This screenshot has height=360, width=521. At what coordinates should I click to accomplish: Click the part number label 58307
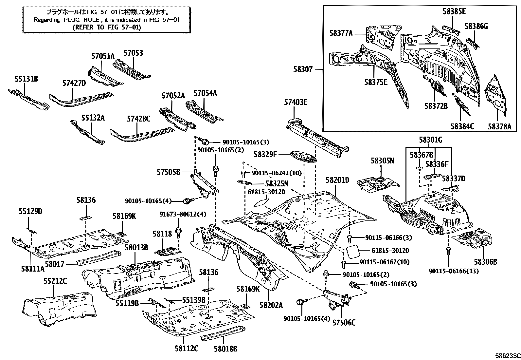click(303, 69)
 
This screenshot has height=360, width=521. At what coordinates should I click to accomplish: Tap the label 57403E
click(296, 103)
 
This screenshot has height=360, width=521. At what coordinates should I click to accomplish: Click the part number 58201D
click(337, 180)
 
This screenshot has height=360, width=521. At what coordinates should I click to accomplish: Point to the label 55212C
click(55, 281)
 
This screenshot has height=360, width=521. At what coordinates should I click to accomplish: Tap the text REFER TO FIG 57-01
click(107, 28)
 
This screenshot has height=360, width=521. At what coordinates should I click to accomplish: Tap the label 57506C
click(344, 323)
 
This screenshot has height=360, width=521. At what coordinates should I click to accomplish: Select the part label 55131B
click(26, 79)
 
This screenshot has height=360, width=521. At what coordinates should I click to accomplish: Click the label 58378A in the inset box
click(499, 126)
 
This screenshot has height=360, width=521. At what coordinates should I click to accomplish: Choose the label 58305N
click(382, 161)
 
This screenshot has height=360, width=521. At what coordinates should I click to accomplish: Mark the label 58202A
click(271, 305)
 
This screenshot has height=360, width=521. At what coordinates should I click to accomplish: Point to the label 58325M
click(277, 183)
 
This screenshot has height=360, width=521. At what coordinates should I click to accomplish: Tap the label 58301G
click(431, 141)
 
